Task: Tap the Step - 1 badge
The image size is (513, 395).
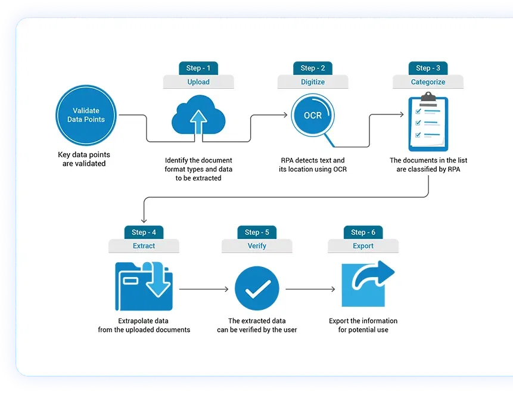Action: (x=198, y=68)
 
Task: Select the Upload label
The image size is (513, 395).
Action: (x=198, y=82)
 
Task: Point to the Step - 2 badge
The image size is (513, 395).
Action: (x=313, y=68)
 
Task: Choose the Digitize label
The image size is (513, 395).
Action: (x=313, y=82)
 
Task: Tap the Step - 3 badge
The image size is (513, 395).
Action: (x=428, y=68)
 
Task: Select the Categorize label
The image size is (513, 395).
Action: (x=428, y=82)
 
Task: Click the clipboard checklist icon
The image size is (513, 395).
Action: (x=427, y=122)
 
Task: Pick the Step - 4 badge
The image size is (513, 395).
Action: (x=144, y=232)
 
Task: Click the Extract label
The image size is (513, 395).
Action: (x=144, y=245)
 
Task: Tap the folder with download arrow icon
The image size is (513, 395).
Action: (x=144, y=285)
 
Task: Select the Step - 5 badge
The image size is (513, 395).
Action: (x=257, y=232)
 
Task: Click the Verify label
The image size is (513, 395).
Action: (x=257, y=245)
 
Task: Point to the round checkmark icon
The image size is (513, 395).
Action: (x=257, y=288)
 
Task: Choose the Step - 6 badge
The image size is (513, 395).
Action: (x=363, y=232)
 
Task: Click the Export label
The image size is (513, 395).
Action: (x=363, y=245)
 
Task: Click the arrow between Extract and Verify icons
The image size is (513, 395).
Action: (x=204, y=289)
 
